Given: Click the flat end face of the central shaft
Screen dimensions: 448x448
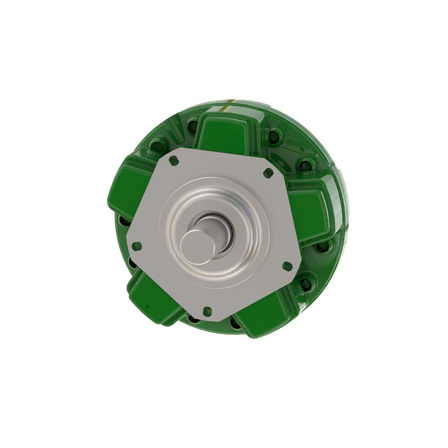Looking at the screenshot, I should point(197,246).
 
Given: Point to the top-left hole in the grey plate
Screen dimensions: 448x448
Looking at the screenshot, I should point(173,160).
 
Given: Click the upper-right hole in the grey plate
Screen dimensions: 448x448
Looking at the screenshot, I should point(267,172).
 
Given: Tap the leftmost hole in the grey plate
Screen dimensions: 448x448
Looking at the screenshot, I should point(136,245).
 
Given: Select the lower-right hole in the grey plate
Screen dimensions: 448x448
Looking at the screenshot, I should point(287,265).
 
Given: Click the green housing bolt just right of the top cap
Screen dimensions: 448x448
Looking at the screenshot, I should point(274,136).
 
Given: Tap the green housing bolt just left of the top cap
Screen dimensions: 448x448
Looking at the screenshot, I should point(157,145).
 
